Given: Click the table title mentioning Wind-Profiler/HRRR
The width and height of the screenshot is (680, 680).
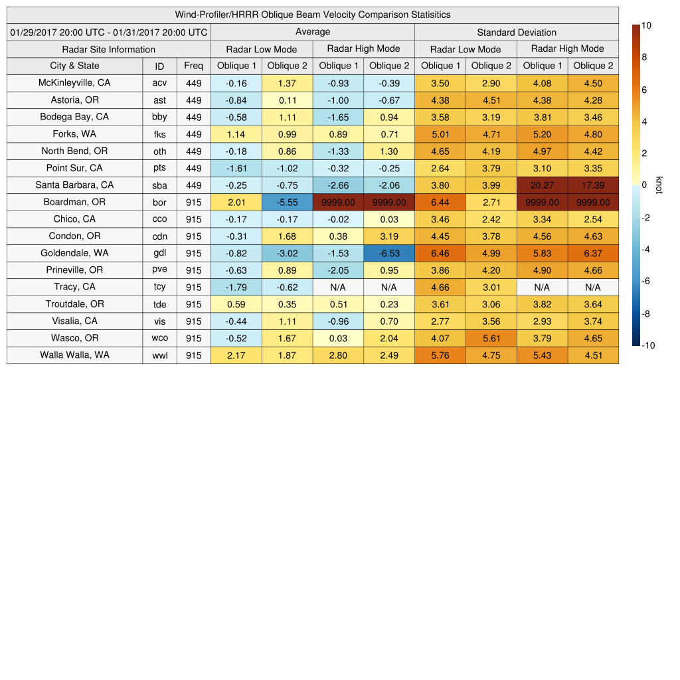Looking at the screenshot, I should point(313,15).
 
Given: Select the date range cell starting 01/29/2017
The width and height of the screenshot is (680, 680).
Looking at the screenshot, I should point(109,32).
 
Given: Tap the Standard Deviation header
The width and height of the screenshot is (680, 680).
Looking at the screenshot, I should point(517,32).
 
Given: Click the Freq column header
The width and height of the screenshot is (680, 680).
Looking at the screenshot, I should point(193,66).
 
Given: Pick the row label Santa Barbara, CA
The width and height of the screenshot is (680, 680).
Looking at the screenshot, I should point(74,185).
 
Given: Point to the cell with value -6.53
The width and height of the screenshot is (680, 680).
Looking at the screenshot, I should point(389,253).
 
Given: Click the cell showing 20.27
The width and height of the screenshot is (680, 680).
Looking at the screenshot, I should point(542,185).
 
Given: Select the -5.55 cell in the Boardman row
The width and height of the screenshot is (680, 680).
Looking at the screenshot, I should point(287,202).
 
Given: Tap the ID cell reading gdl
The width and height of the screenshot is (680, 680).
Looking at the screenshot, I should point(159,253).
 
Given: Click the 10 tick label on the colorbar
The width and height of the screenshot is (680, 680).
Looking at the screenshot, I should point(646,25).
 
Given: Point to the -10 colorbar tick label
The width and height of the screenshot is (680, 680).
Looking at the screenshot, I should point(648,345).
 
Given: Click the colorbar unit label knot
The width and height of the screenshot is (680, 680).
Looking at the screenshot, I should point(659,185).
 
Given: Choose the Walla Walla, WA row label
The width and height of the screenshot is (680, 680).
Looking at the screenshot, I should point(74,355).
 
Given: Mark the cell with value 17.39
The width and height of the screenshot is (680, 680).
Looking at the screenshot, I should point(593,185).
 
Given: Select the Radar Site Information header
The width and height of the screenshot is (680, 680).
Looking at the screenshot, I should point(109,49).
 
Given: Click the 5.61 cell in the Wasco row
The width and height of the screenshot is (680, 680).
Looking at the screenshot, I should point(491,338).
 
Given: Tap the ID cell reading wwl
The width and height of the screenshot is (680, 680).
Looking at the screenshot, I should point(159,355).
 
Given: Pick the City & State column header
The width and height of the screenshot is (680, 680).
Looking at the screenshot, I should point(74,66).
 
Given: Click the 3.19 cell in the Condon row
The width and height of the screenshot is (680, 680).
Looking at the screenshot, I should point(389,236).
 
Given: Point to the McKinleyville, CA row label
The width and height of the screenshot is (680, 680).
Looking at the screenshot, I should point(74,83).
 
